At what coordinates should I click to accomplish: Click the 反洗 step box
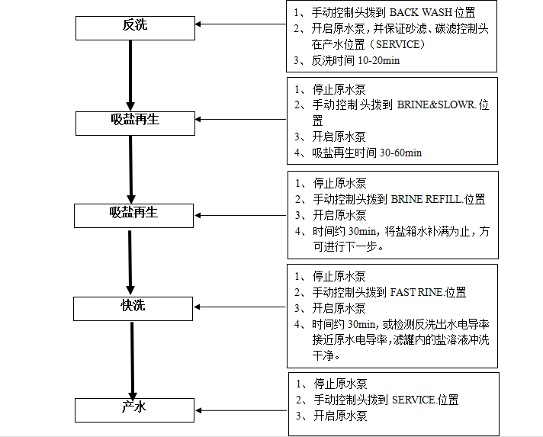pos(135,27)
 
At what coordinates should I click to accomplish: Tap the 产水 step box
pos(134,409)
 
